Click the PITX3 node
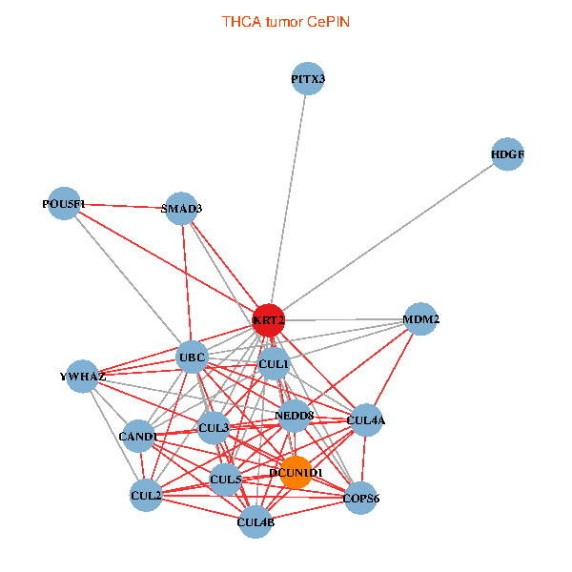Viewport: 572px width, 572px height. pyautogui.click(x=308, y=80)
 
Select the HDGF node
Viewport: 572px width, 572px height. pyautogui.click(x=508, y=154)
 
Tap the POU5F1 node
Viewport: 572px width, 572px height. pyautogui.click(x=64, y=203)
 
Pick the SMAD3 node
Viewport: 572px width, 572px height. pyautogui.click(x=181, y=208)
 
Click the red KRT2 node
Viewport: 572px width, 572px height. pyautogui.click(x=269, y=320)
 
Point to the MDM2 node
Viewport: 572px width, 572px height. pyautogui.click(x=420, y=318)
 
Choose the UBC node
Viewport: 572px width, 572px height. pyautogui.click(x=193, y=357)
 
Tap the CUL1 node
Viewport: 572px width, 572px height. pyautogui.click(x=274, y=363)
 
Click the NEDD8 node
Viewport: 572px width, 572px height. pyautogui.click(x=294, y=415)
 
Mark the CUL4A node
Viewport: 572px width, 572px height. pyautogui.click(x=366, y=419)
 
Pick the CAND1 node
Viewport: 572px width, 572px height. pyautogui.click(x=139, y=437)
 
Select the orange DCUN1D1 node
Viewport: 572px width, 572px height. pyautogui.click(x=296, y=473)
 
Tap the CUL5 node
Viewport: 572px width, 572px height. pyautogui.click(x=226, y=478)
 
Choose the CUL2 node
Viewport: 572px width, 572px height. pyautogui.click(x=146, y=495)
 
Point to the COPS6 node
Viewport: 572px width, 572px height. pyautogui.click(x=361, y=498)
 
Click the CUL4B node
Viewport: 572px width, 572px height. pyautogui.click(x=255, y=521)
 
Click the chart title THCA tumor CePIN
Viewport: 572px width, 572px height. pyautogui.click(x=286, y=21)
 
